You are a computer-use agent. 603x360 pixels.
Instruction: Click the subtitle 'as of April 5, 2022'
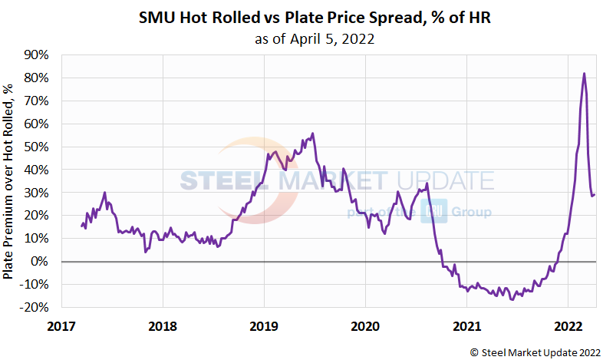pos(315,39)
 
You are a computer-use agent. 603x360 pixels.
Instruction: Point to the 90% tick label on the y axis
pos(36,55)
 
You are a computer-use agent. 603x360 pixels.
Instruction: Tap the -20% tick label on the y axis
pos(35,308)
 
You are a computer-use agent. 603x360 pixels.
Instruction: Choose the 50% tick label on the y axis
pos(36,147)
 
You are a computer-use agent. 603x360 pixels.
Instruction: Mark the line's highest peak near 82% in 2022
pos(585,74)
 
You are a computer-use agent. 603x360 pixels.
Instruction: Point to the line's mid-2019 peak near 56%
pos(312,133)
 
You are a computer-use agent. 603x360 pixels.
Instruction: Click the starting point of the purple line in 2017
pos(81,226)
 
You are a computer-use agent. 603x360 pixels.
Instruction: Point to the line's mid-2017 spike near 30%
pos(105,193)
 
